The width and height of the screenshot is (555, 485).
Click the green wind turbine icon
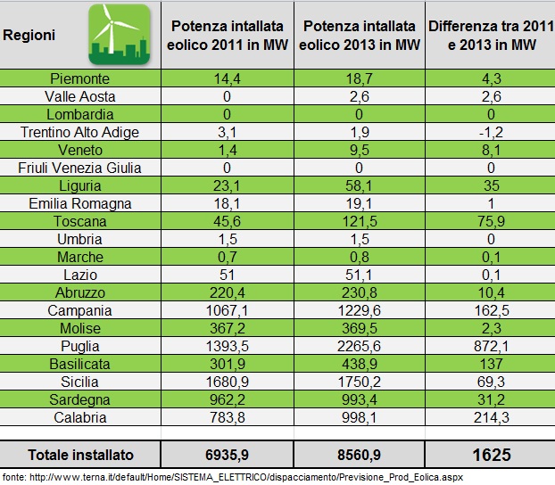(x=118, y=35)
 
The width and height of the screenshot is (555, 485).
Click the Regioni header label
(x=29, y=36)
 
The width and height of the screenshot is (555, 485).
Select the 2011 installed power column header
(x=229, y=35)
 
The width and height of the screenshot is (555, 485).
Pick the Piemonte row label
(x=79, y=78)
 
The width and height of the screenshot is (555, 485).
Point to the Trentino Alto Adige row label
(x=79, y=132)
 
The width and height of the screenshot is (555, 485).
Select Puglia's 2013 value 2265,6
(x=359, y=346)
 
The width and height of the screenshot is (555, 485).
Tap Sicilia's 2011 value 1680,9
(x=229, y=382)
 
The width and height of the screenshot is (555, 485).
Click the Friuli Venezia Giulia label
(x=79, y=168)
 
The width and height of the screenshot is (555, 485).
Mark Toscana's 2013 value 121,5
(x=359, y=221)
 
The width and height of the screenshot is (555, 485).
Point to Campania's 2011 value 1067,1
(x=229, y=310)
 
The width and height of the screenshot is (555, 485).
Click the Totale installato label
(x=80, y=455)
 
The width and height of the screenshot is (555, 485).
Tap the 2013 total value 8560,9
(x=359, y=455)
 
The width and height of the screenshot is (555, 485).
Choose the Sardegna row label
(x=79, y=399)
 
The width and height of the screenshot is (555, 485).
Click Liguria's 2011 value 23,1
(x=229, y=185)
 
